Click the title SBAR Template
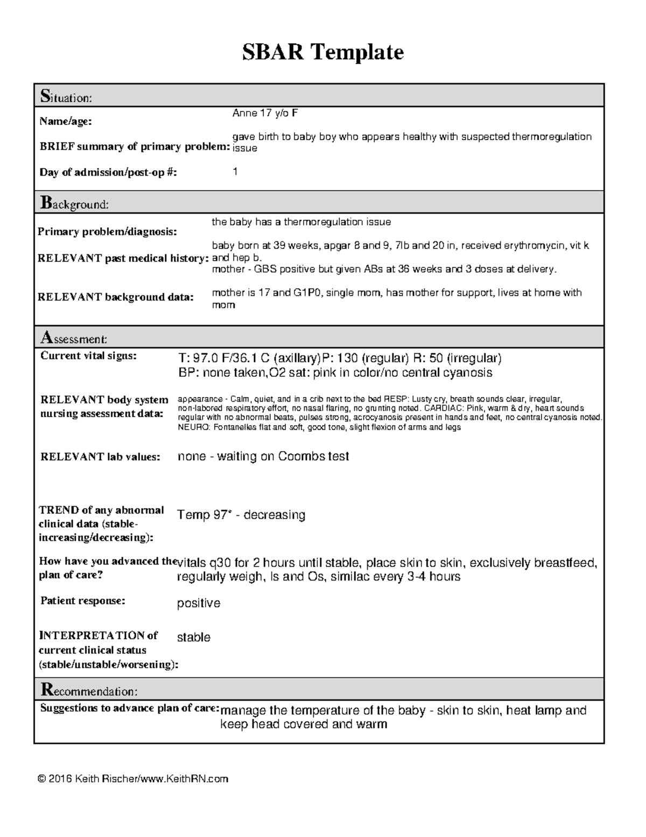322,52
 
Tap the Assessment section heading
74,338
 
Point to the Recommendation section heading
89,690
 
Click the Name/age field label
65,122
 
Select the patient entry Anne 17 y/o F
265,113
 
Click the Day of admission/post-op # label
108,172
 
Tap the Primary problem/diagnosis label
107,232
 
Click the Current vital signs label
89,356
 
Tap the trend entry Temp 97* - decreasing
241,515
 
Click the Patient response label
83,600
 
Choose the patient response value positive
199,603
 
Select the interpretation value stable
193,637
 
